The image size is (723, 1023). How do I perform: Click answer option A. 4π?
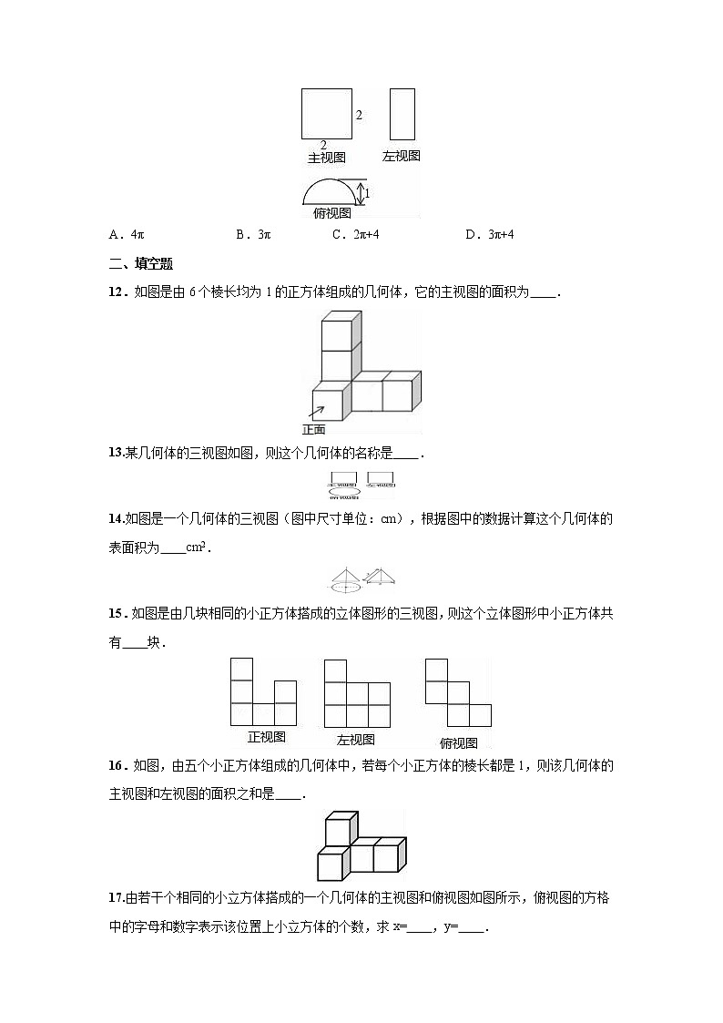coord(127,234)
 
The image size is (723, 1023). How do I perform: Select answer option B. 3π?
coord(253,234)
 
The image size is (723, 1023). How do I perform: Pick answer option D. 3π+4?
coord(490,234)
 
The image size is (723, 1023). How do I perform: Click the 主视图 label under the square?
coord(326,158)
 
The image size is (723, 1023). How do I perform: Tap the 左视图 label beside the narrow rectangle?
coord(402,157)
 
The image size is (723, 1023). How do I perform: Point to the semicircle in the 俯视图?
coord(328,191)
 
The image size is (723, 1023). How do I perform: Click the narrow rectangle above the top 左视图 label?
coord(402,114)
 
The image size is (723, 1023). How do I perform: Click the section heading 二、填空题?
coord(140,264)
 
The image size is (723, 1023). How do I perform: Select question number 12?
coord(117,293)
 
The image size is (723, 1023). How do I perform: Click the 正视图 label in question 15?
coord(267,737)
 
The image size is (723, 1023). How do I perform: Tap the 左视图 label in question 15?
coord(356,740)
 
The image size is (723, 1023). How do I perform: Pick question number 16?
coord(117,766)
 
